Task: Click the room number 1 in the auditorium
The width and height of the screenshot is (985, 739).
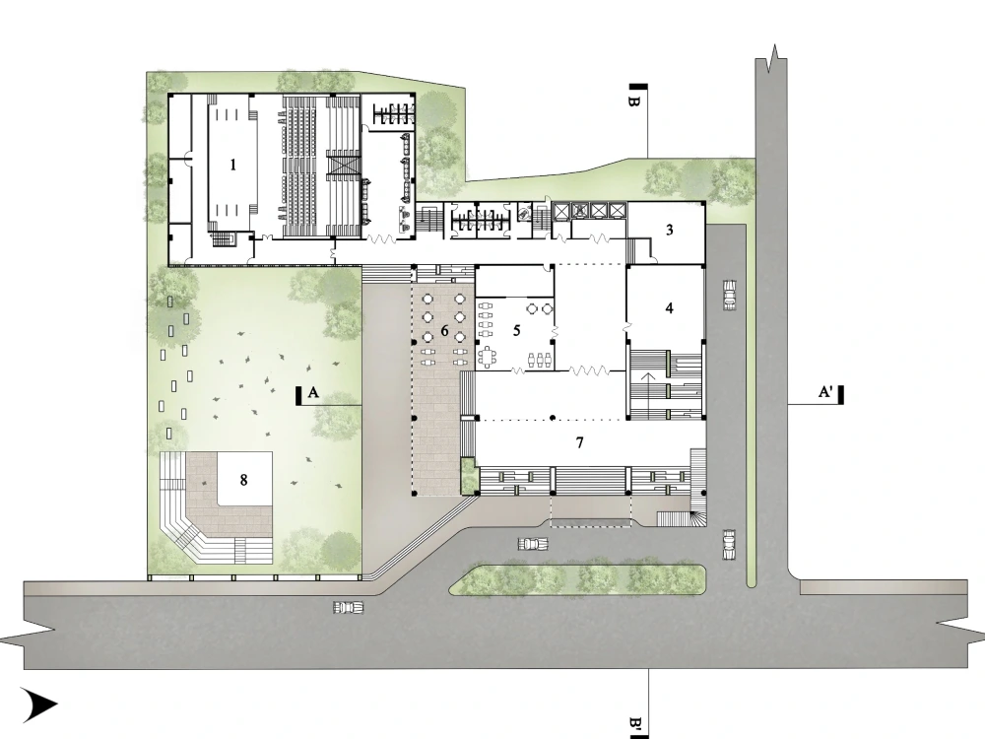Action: click(233, 166)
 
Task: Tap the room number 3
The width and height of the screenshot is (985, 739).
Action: click(669, 231)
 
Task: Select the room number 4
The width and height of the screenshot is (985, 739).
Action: click(669, 308)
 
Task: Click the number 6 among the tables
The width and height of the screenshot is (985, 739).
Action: click(444, 331)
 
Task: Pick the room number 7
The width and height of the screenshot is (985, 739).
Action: click(580, 442)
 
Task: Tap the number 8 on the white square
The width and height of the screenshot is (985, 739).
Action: click(243, 480)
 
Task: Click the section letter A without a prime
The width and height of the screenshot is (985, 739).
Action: click(313, 392)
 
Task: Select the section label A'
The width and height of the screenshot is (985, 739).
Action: click(826, 392)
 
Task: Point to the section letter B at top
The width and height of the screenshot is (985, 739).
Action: click(634, 101)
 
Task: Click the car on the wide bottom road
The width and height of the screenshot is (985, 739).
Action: click(347, 607)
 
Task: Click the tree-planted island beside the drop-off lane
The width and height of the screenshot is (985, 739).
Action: click(579, 579)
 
